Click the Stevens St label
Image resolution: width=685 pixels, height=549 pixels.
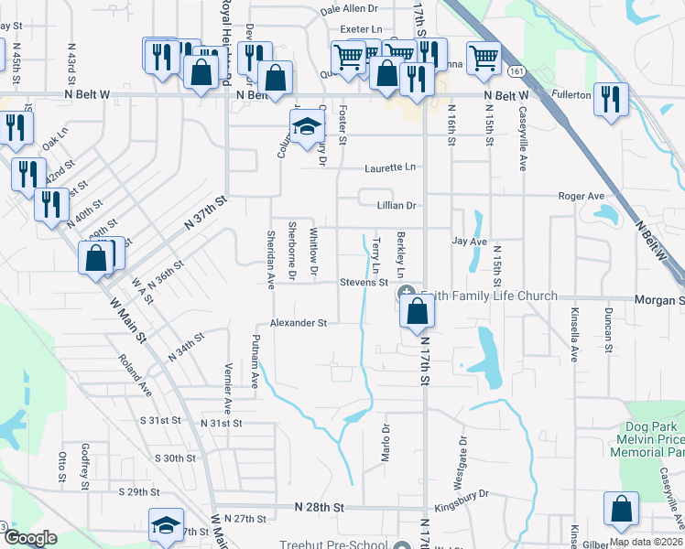pyautogui.click(x=364, y=283)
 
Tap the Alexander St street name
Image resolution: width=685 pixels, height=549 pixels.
pyautogui.click(x=298, y=323)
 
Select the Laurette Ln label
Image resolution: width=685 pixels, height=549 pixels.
pyautogui.click(x=389, y=167)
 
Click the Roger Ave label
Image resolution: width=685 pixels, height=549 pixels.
pyautogui.click(x=582, y=196)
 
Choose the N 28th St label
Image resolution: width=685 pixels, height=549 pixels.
pyautogui.click(x=319, y=506)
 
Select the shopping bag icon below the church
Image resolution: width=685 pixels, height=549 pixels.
pyautogui.click(x=417, y=311)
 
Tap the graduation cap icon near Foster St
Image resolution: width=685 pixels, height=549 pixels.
pyautogui.click(x=309, y=126)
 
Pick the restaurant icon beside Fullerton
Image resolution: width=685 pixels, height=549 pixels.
pyautogui.click(x=609, y=98)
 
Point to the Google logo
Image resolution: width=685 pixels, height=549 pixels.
pyautogui.click(x=31, y=538)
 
